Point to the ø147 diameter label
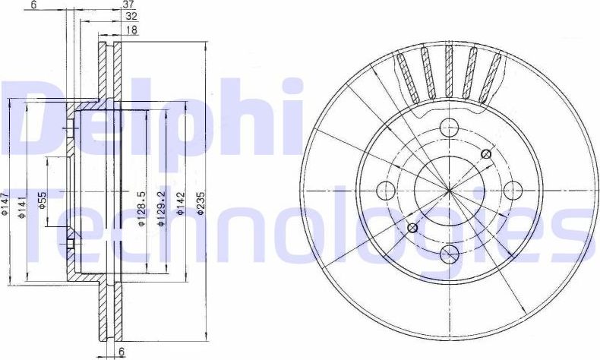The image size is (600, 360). [5, 206]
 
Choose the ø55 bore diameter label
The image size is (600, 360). [43, 201]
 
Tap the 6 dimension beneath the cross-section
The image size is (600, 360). [120, 352]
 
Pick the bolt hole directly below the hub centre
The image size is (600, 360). [448, 253]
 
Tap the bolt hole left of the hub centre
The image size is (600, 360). [386, 190]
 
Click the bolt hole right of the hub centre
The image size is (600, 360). [511, 190]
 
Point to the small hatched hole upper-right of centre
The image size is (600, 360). [486, 155]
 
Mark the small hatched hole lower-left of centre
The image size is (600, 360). [412, 227]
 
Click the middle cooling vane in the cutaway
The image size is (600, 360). [449, 72]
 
